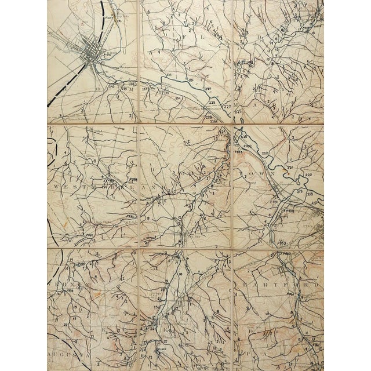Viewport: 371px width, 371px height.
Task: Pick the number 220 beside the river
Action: [308, 174]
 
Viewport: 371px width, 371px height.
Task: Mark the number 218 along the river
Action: [310, 194]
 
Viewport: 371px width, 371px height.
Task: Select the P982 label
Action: [130, 216]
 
